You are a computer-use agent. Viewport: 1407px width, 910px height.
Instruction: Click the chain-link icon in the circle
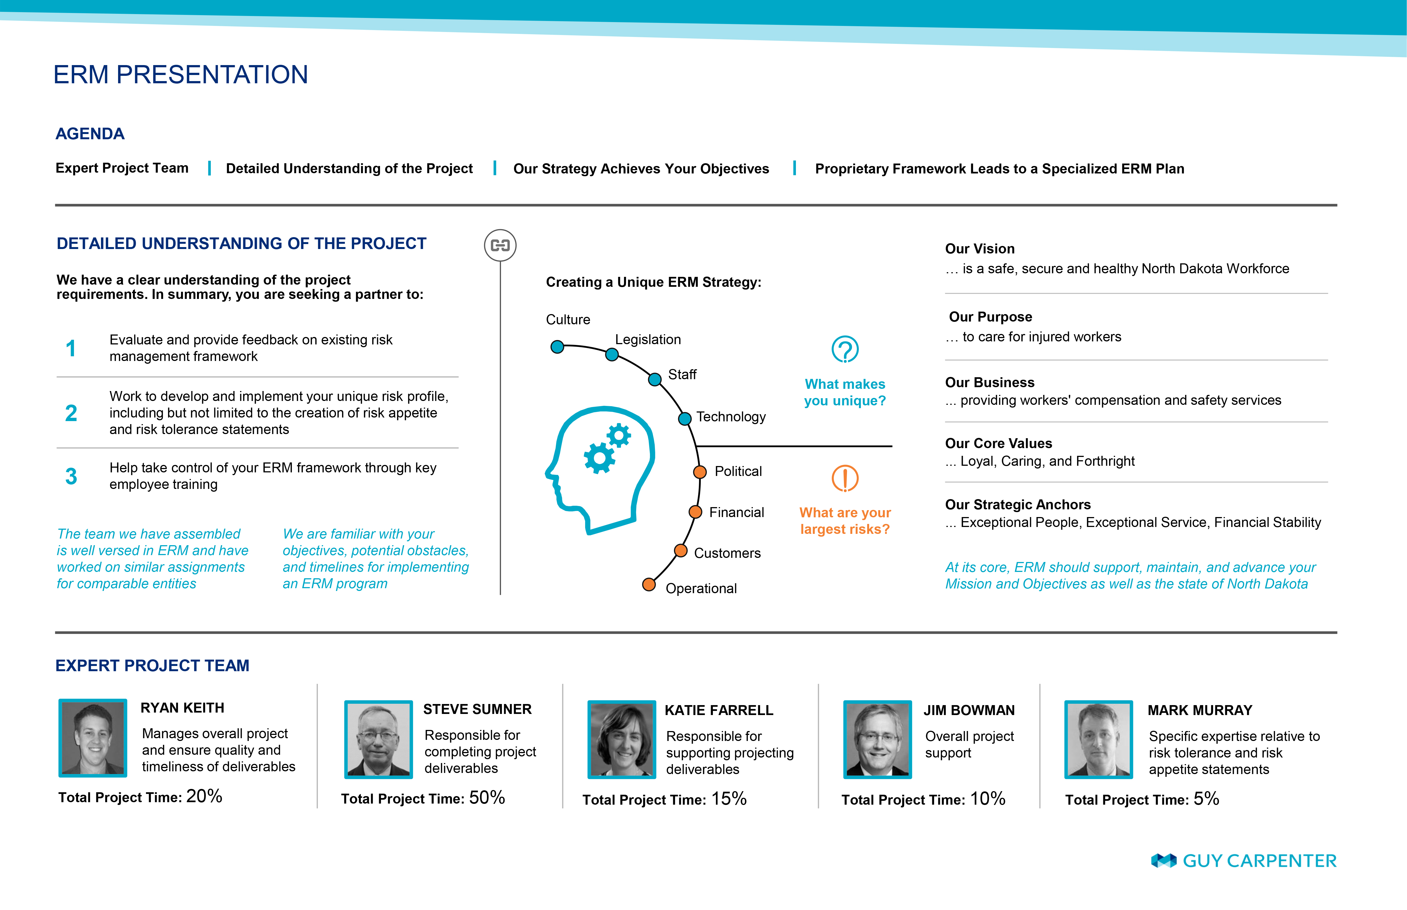pyautogui.click(x=500, y=245)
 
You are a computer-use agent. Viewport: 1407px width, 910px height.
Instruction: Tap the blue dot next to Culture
pyautogui.click(x=557, y=347)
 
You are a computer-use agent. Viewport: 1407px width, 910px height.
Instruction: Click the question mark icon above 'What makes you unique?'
pyautogui.click(x=845, y=349)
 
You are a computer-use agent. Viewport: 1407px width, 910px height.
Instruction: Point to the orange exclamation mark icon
pyautogui.click(x=845, y=478)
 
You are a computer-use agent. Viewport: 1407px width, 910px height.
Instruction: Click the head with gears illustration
pyautogui.click(x=599, y=470)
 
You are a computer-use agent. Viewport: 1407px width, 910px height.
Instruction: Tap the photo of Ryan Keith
pyautogui.click(x=93, y=737)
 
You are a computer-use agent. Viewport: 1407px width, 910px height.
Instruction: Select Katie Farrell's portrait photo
pyautogui.click(x=621, y=739)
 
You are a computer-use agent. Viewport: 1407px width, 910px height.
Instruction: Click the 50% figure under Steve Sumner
pyautogui.click(x=487, y=798)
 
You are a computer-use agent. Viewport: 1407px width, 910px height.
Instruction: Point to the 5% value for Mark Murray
pyautogui.click(x=1206, y=799)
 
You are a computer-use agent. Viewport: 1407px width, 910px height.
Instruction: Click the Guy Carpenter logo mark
pyautogui.click(x=1163, y=861)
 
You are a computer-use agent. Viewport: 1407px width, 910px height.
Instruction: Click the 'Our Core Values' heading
pyautogui.click(x=998, y=443)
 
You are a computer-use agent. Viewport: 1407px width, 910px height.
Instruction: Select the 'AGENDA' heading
pyautogui.click(x=90, y=133)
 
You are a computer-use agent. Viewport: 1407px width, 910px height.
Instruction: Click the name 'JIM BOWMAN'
pyautogui.click(x=969, y=710)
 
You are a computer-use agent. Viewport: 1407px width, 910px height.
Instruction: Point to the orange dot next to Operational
pyautogui.click(x=649, y=584)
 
